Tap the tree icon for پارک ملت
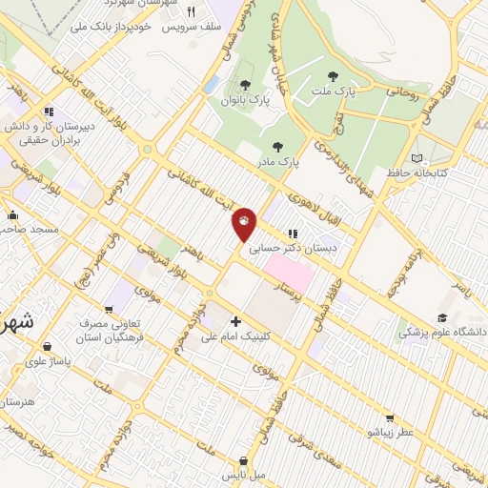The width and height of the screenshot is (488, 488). point(333,76)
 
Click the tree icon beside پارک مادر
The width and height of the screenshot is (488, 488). point(277,147)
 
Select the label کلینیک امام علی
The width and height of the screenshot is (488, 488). point(235,336)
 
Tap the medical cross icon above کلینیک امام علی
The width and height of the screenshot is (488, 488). point(235,321)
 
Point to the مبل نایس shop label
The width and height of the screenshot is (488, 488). point(244,474)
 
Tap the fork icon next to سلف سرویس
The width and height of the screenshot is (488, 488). point(191,12)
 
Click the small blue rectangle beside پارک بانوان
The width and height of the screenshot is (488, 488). point(211,84)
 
